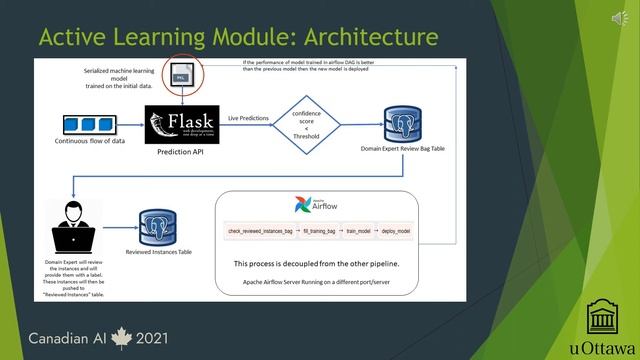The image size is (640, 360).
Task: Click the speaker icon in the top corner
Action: click(x=608, y=16)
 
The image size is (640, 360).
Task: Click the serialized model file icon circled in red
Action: click(x=182, y=72)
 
